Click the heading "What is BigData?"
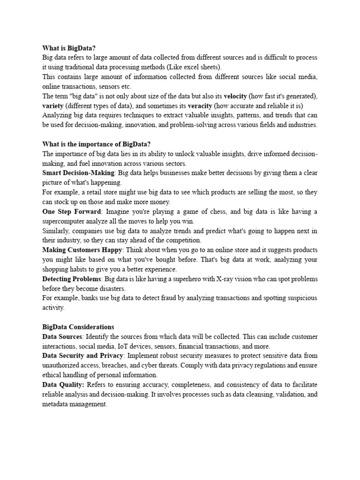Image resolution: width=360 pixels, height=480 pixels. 72,48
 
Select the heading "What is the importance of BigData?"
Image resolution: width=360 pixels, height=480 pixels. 97,144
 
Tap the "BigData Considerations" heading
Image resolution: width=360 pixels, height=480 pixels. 78,327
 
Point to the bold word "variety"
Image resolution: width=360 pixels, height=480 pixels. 53,105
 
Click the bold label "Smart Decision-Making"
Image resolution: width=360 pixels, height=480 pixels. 78,172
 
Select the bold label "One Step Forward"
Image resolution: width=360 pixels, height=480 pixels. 71,211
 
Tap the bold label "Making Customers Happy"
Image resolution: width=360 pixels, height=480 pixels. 82,250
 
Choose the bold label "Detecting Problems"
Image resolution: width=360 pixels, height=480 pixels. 71,279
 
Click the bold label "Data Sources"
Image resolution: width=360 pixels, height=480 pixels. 62,337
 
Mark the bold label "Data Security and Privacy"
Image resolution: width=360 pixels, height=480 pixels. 82,356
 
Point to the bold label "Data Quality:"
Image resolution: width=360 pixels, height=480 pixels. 63,385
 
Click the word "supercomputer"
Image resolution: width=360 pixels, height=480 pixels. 64,221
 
